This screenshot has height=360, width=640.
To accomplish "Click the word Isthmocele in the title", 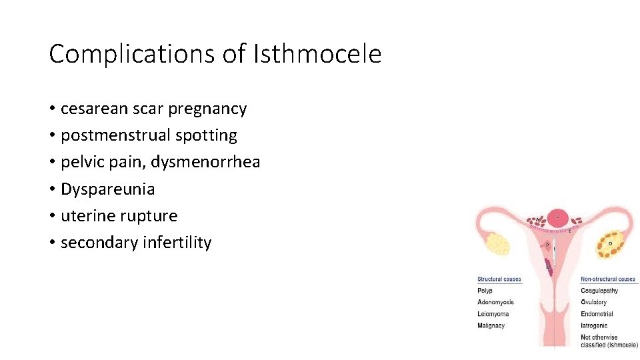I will tap(317, 54).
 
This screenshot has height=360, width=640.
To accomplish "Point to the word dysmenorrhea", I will tap(215, 162).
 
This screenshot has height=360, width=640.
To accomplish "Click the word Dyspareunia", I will tap(107, 189).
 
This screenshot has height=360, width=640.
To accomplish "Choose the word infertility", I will tap(177, 243).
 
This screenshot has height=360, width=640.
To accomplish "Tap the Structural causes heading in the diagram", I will tap(499, 279).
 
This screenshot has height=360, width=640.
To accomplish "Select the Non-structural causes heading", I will tap(608, 279).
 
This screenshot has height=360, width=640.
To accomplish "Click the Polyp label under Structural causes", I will tap(485, 291).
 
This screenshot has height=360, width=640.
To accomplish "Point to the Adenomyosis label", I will tap(495, 302).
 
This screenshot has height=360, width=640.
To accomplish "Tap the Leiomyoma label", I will tap(493, 314).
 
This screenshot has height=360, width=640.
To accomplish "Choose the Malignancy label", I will tap(491, 325).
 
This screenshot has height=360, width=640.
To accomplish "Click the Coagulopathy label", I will tap(599, 291).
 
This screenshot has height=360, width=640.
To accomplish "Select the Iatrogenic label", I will tap(594, 325).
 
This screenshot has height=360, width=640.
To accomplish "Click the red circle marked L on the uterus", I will tap(558, 217).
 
